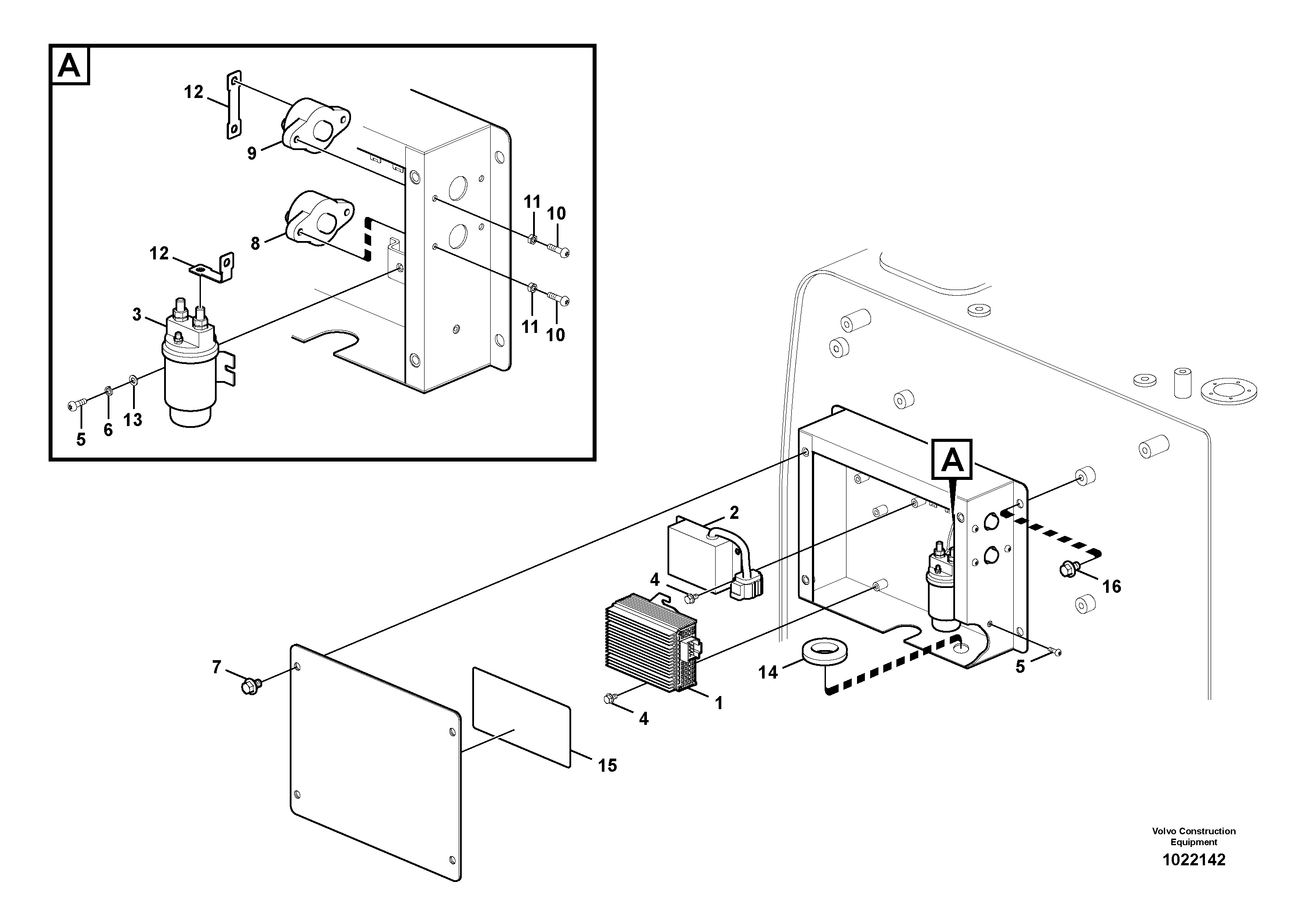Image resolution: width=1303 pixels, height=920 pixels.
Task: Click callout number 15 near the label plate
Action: [x=607, y=766]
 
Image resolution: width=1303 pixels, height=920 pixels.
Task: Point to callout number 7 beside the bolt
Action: [x=216, y=668]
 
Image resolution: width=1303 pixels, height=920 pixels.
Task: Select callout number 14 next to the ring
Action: [x=768, y=673]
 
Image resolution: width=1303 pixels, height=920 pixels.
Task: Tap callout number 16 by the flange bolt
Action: [x=1112, y=587]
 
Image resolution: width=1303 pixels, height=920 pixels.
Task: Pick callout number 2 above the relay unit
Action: [x=734, y=513]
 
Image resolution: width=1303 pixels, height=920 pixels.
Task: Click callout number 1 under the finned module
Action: [x=718, y=703]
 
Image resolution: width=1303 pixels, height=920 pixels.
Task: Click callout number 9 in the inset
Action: [x=252, y=153]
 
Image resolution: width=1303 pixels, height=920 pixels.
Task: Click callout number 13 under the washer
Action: [x=133, y=420]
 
